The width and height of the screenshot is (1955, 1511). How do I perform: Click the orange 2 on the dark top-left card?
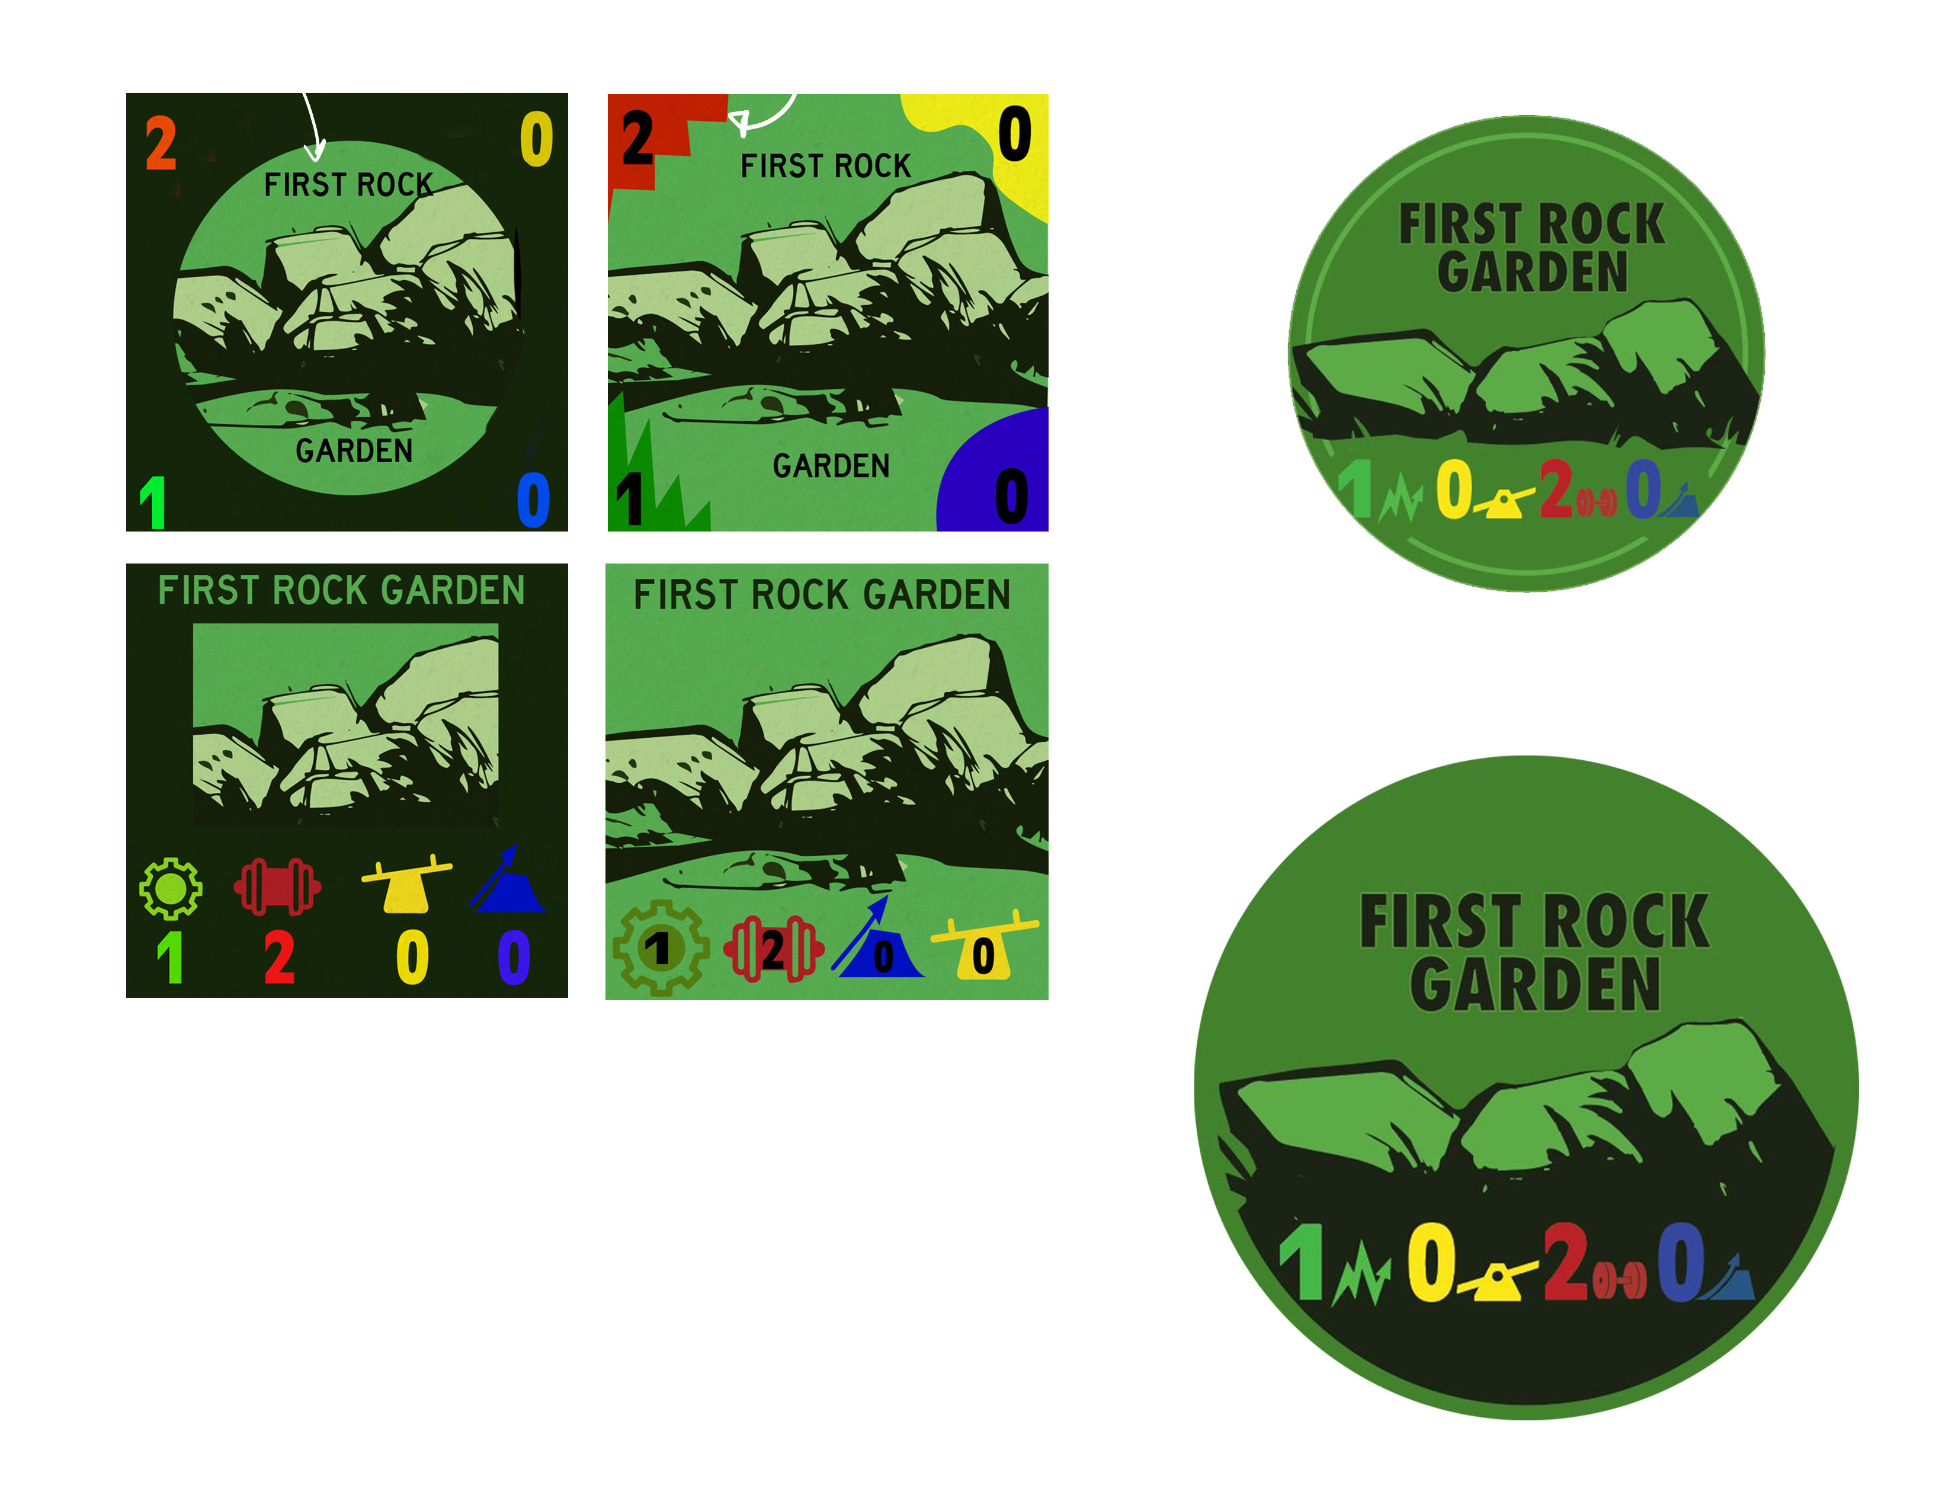click(x=161, y=143)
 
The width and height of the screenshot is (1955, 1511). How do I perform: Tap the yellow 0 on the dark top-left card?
click(x=536, y=140)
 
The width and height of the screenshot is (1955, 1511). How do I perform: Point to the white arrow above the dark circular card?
click(x=312, y=127)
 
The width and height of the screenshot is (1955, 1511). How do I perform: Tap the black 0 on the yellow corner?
click(x=1014, y=135)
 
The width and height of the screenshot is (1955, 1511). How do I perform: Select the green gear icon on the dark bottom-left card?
click(x=170, y=888)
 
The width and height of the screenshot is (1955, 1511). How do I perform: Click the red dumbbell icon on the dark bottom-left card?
click(x=277, y=886)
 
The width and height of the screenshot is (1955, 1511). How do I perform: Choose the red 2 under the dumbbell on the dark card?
click(x=279, y=957)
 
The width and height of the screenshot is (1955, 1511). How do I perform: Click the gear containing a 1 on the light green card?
click(x=661, y=948)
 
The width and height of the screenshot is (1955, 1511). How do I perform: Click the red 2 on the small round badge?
click(x=1556, y=489)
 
